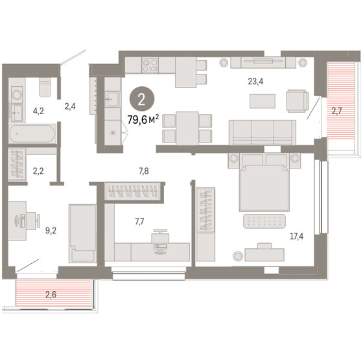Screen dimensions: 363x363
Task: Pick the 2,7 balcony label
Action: click(336, 111)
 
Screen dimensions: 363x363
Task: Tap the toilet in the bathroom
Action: click(45, 85)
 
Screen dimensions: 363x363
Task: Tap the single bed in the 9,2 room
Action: click(82, 232)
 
